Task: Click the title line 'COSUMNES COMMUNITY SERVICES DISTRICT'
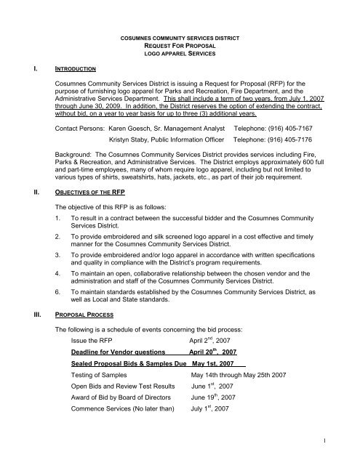click(180, 36)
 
